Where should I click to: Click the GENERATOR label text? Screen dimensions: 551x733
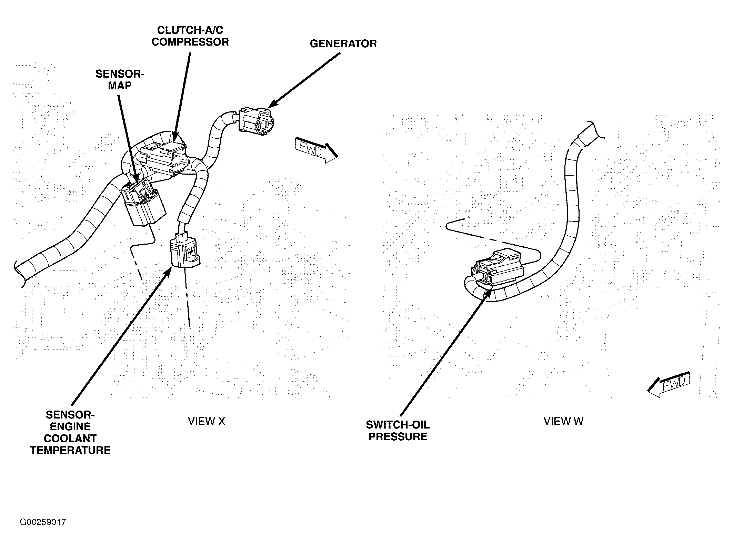tap(343, 44)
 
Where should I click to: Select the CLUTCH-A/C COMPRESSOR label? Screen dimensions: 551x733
tap(190, 36)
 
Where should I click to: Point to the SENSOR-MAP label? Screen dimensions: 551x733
tap(120, 80)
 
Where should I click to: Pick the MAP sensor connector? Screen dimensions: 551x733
tap(143, 204)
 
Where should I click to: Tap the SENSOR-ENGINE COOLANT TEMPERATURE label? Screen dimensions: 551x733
tap(70, 432)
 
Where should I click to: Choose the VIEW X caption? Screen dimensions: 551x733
tap(206, 421)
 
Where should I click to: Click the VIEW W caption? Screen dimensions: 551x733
tap(563, 421)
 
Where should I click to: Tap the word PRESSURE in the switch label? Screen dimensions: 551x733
tap(398, 436)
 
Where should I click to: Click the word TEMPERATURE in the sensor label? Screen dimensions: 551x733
tap(70, 450)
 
